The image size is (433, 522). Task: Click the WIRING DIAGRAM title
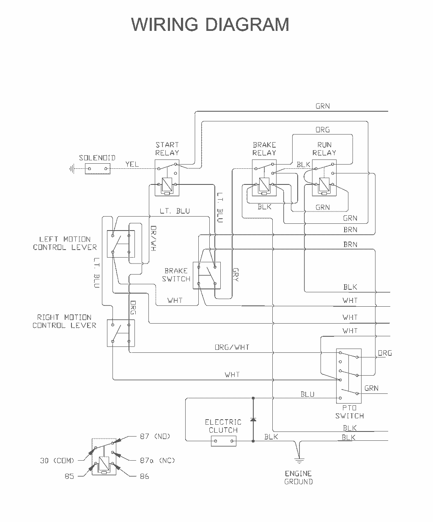210,24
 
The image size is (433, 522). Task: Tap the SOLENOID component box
97,168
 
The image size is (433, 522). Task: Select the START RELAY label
167,148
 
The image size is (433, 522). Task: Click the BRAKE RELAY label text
264,148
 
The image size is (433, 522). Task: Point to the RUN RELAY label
324,148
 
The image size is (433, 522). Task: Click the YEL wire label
132,164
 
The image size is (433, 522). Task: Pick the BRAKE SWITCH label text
176,275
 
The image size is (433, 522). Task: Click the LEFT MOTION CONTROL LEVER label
65,243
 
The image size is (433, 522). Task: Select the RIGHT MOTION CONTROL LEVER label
64,321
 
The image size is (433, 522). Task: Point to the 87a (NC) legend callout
157,460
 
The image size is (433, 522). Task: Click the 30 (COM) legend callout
57,461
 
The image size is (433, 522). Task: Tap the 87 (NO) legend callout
155,436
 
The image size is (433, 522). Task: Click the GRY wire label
236,275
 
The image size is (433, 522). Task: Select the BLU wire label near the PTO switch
307,394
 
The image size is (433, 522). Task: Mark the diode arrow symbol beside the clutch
253,419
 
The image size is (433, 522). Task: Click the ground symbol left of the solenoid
72,169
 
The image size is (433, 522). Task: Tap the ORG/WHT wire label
232,347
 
